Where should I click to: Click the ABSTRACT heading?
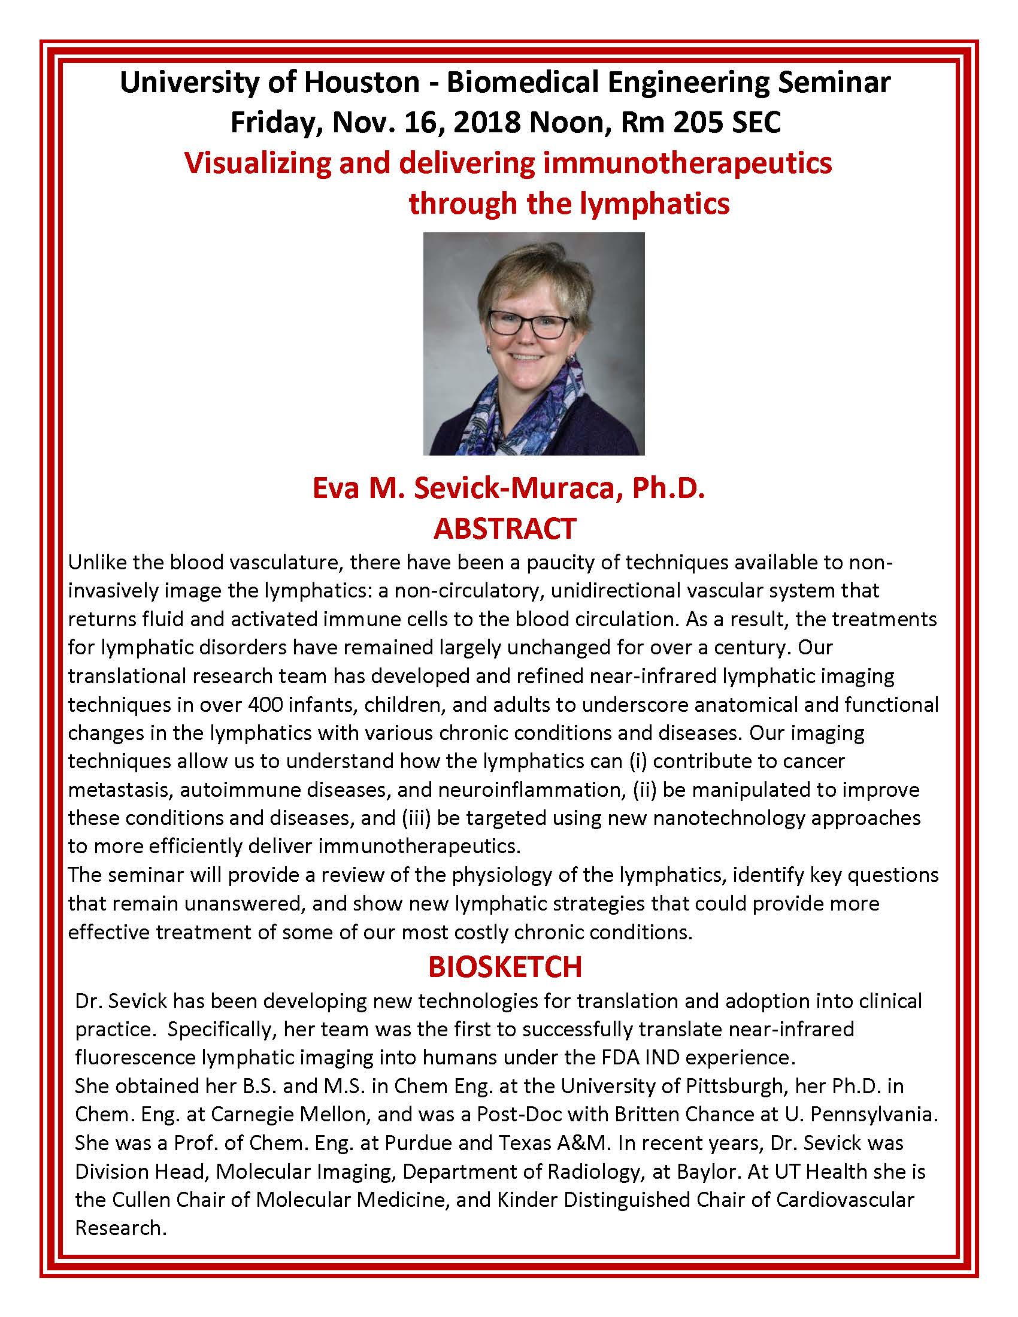pyautogui.click(x=505, y=528)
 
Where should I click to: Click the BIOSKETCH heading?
pyautogui.click(x=505, y=967)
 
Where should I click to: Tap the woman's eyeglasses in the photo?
pyautogui.click(x=528, y=326)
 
